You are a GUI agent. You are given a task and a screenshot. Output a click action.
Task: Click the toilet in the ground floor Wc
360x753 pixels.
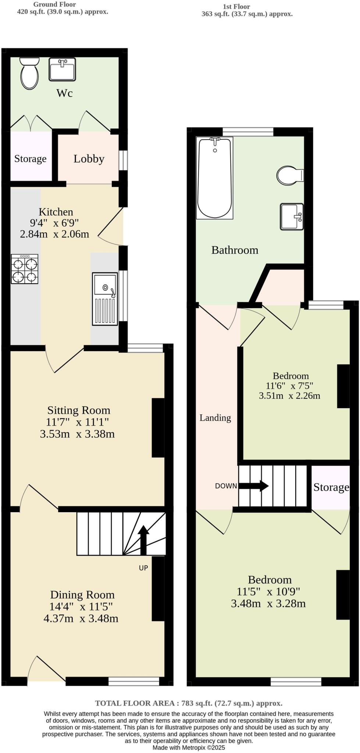[x=29, y=74]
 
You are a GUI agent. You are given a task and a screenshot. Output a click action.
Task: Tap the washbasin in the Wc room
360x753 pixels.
[x=62, y=69]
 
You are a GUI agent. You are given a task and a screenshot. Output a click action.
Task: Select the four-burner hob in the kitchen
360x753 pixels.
[x=25, y=269]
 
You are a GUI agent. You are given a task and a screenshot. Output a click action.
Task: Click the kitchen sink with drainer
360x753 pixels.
[x=105, y=299]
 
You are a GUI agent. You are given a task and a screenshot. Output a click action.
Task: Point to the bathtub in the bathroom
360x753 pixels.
[x=215, y=178]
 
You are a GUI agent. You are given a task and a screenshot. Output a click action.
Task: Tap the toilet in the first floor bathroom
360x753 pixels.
[x=290, y=175]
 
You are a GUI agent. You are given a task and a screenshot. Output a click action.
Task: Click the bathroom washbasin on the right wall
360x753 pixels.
[x=292, y=217]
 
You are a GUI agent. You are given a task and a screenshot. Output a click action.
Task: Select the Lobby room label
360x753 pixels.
[x=89, y=159]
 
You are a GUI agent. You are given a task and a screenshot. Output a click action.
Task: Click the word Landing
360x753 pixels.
[x=215, y=418]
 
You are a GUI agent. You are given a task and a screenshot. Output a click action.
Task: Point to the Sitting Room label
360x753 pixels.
[x=79, y=410]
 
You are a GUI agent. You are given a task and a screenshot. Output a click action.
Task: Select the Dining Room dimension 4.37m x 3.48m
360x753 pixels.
[x=81, y=618]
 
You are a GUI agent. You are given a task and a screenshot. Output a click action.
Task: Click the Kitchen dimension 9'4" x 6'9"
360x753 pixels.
[x=54, y=223]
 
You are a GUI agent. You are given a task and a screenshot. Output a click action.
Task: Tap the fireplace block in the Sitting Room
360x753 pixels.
[x=158, y=428]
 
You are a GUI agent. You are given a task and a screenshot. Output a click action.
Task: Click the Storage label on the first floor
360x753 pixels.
[x=331, y=487]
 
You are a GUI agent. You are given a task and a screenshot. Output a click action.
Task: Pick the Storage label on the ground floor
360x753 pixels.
[x=30, y=159]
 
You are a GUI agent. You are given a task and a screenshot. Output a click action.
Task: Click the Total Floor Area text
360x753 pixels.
[x=189, y=703]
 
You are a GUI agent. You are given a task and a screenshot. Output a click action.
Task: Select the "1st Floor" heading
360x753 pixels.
[x=236, y=7]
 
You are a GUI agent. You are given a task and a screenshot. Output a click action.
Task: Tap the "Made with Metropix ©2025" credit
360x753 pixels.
[x=189, y=747]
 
